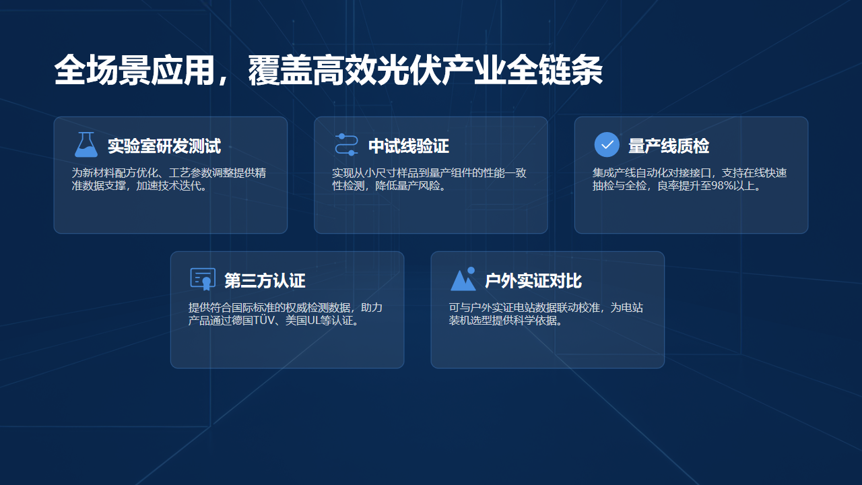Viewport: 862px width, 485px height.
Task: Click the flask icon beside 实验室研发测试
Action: [86, 145]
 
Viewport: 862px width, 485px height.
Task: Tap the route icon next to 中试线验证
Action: [346, 145]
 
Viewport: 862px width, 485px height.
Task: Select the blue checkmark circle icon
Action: [607, 145]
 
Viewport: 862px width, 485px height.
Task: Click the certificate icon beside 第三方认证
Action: [203, 279]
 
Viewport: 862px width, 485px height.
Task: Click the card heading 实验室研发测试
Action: [164, 146]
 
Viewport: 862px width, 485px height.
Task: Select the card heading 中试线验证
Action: [409, 146]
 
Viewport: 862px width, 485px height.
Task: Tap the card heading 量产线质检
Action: [669, 146]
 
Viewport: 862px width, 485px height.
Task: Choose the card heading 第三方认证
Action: [265, 281]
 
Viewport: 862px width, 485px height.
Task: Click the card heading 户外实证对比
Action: [533, 281]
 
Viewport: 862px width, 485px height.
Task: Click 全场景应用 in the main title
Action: [134, 70]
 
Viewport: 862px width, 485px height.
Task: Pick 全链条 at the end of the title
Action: [554, 70]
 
